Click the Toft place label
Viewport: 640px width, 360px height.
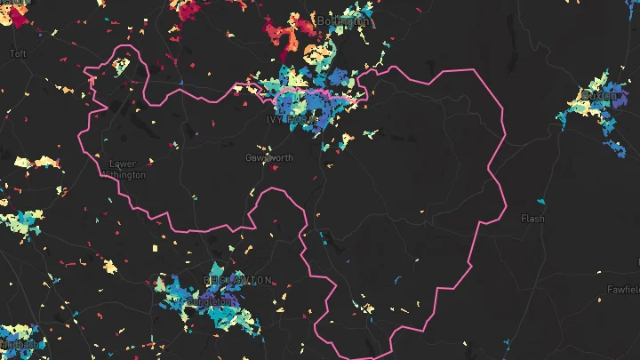18,53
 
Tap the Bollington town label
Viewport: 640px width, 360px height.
342,20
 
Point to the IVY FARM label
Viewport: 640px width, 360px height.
291,118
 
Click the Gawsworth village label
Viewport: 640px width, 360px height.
268,157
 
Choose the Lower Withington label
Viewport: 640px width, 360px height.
126,169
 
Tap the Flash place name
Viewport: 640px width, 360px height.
532,218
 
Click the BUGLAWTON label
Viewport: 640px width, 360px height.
237,280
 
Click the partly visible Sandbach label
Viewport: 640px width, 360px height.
18,343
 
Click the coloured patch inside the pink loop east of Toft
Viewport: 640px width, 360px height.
119,65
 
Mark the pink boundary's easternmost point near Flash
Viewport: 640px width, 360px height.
507,210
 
